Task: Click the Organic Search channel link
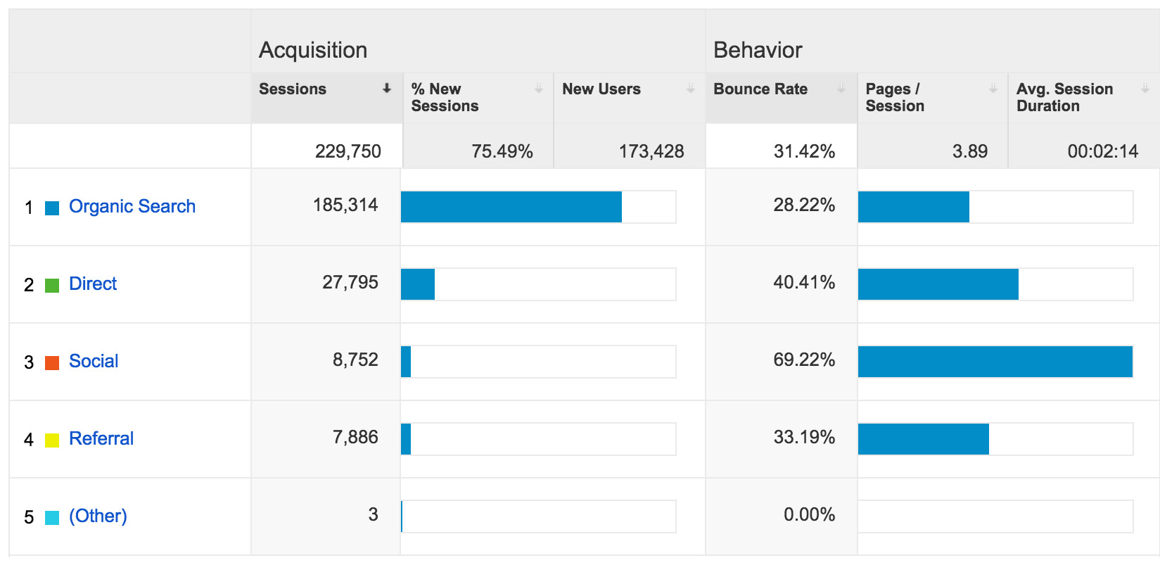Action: point(132,206)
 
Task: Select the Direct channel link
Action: point(93,284)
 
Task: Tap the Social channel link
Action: point(94,361)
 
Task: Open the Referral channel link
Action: point(101,438)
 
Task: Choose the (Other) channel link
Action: point(98,516)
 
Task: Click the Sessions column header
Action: point(293,89)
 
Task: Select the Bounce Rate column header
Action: point(760,89)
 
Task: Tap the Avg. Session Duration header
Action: point(1064,97)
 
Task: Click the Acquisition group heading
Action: point(313,50)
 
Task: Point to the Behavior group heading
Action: point(758,50)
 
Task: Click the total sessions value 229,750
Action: point(348,151)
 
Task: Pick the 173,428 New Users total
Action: point(651,151)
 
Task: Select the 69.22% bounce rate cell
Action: point(804,360)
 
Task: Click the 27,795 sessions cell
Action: point(350,283)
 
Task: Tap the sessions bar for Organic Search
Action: point(511,207)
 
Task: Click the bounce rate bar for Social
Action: point(995,362)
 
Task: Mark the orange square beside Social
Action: point(52,363)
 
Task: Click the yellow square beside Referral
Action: point(52,440)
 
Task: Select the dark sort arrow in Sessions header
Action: point(387,89)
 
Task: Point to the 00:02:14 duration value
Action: point(1102,151)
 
